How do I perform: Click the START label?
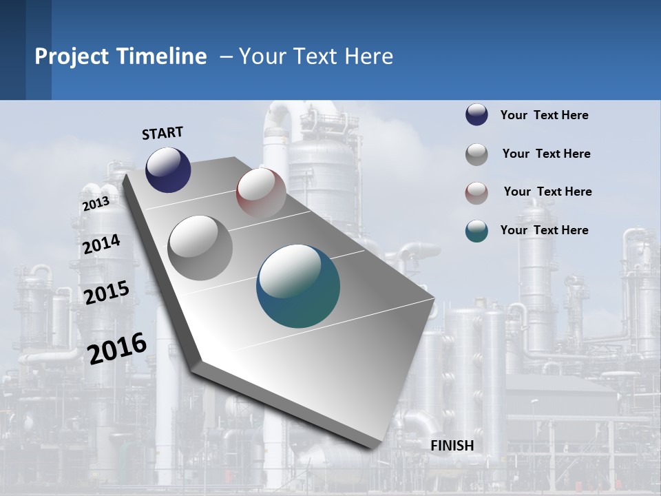[x=162, y=133]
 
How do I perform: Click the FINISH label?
[x=452, y=446]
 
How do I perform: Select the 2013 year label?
[x=96, y=204]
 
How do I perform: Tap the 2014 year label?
[x=101, y=244]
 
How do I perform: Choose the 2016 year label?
[x=117, y=348]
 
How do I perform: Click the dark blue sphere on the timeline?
[x=168, y=169]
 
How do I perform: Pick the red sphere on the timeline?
[x=261, y=193]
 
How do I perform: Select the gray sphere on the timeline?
[x=200, y=247]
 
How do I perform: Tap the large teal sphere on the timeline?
[x=298, y=286]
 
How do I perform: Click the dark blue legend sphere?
[x=476, y=115]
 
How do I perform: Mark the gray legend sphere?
[x=476, y=154]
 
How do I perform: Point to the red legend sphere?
[x=476, y=193]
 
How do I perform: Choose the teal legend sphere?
[x=476, y=231]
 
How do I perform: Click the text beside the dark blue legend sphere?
[x=544, y=115]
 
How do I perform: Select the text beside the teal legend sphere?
[x=544, y=230]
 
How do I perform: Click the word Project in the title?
[x=71, y=56]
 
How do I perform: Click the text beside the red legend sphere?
[x=547, y=192]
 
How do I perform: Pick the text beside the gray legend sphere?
[x=546, y=154]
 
